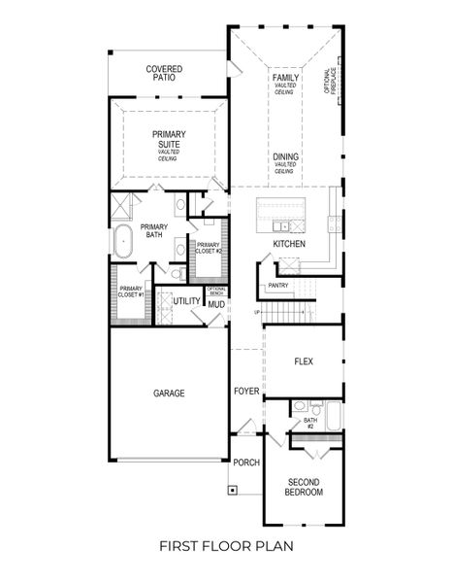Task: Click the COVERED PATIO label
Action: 166,75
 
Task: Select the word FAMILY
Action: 285,77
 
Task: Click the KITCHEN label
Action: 289,244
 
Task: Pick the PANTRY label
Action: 278,286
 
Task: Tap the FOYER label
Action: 246,392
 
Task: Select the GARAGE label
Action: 168,394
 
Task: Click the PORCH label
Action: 246,463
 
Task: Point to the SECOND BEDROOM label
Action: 304,488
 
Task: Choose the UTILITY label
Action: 186,301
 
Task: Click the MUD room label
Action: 216,304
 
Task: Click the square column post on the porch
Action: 233,490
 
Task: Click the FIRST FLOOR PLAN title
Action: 226,547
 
